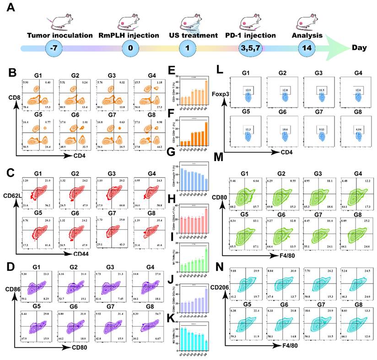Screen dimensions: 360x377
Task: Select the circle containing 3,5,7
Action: (250, 48)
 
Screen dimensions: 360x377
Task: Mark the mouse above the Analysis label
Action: (306, 22)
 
